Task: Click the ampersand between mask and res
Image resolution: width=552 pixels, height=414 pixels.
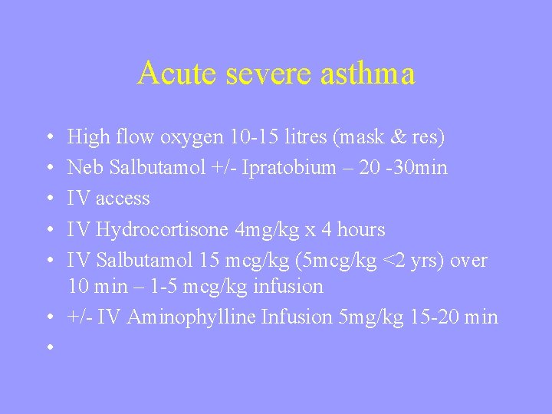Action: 393,137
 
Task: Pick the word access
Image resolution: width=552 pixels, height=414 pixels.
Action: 123,199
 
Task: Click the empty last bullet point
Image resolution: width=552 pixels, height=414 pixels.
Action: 48,347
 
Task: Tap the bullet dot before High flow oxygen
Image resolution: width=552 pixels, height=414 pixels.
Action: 48,138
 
